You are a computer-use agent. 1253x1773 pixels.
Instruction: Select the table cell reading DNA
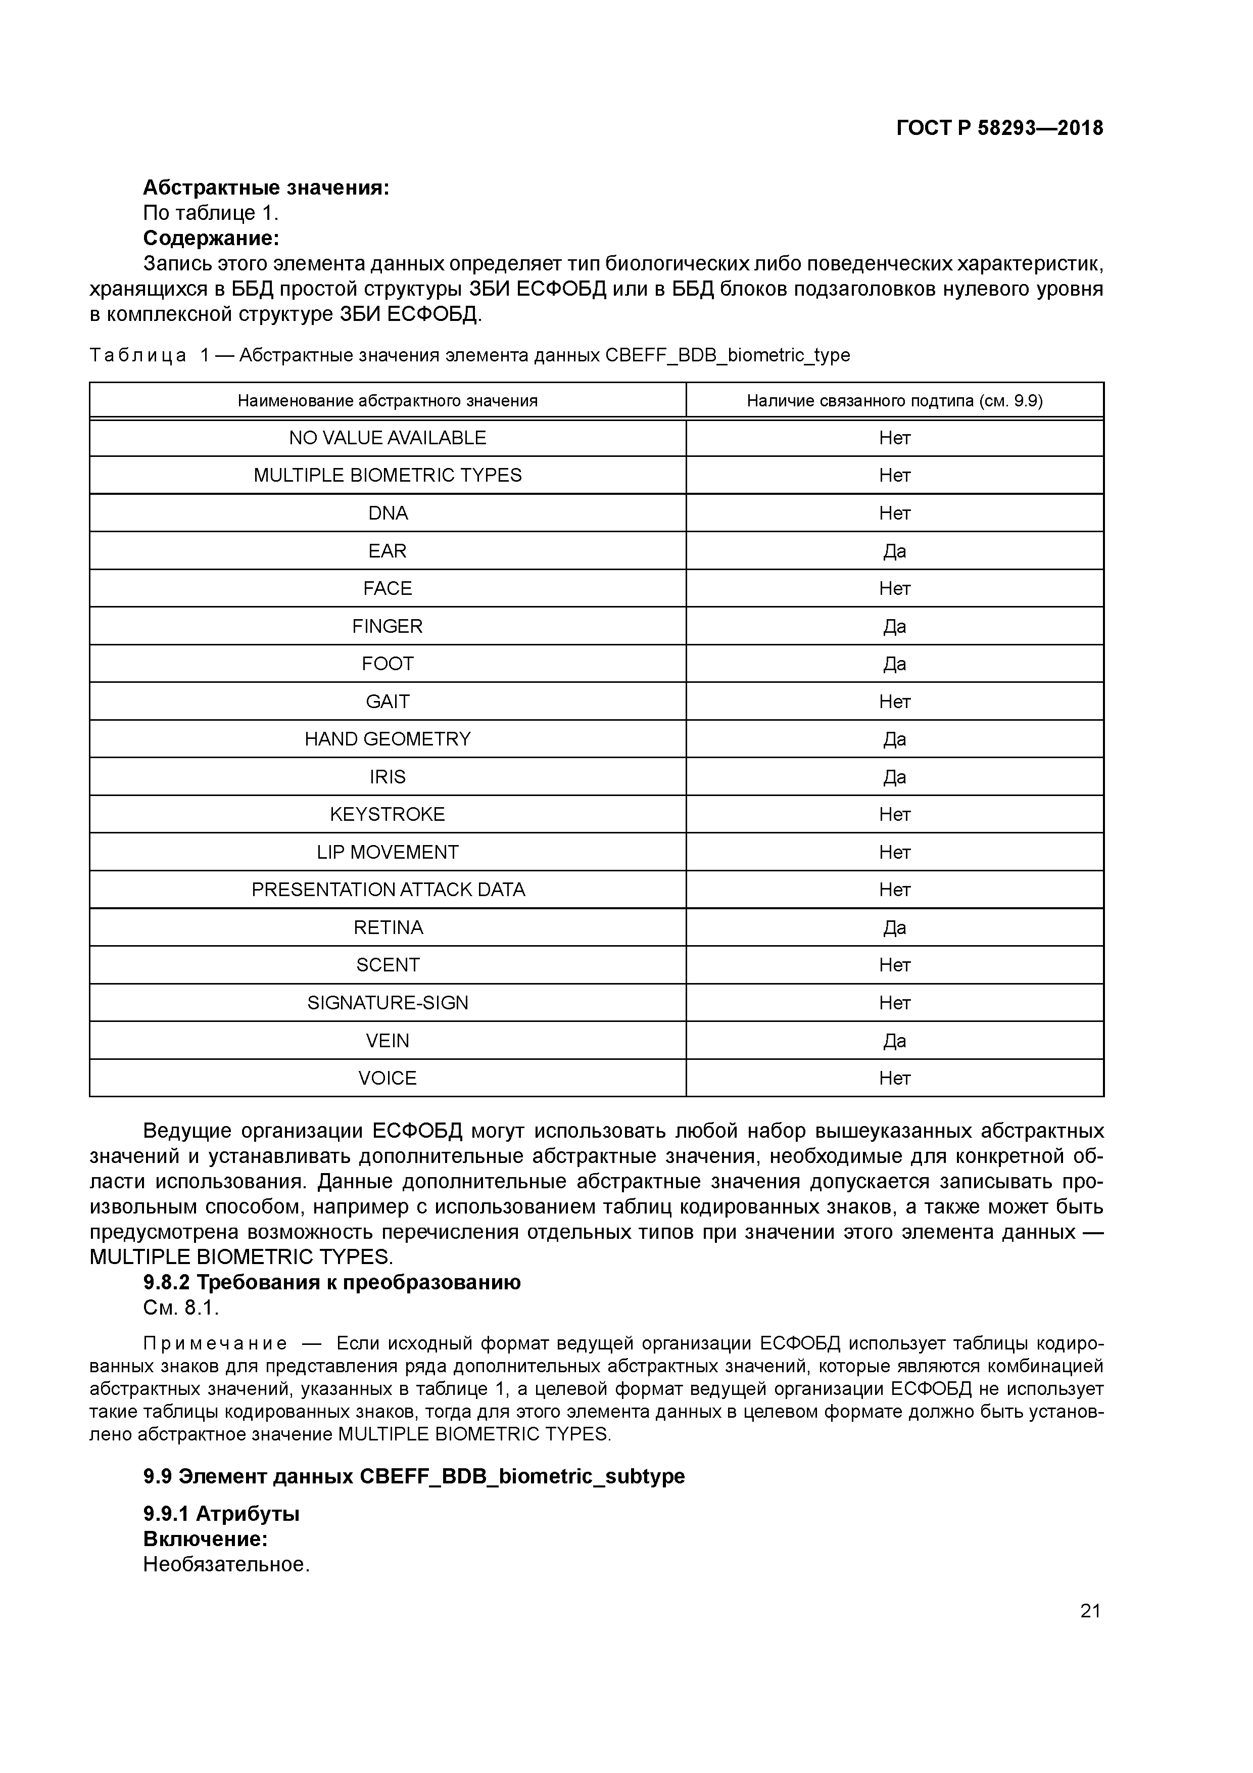(x=388, y=513)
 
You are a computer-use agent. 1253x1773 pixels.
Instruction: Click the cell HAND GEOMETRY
(x=388, y=739)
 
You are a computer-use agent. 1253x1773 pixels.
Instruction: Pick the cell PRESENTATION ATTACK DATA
(x=388, y=890)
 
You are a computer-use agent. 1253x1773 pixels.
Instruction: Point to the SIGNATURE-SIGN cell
(x=388, y=1002)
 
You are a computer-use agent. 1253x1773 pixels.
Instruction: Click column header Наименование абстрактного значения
(x=388, y=401)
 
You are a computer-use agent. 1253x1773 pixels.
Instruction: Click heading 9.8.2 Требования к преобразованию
(x=332, y=1282)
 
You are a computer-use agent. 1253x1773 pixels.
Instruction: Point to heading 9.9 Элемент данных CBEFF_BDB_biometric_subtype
(x=414, y=1476)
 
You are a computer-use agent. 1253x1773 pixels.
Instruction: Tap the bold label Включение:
(x=205, y=1539)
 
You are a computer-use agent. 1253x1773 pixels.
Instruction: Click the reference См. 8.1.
(x=181, y=1308)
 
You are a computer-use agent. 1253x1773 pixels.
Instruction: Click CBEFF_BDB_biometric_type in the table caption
(x=727, y=355)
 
